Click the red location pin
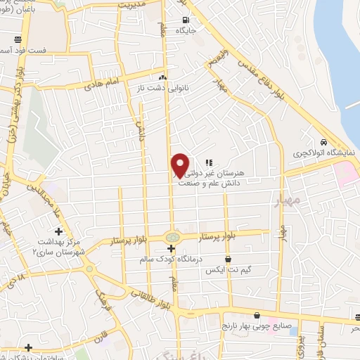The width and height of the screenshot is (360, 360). (180, 164)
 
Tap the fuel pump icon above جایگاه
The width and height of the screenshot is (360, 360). (186, 20)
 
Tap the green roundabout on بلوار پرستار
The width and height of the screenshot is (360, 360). (172, 237)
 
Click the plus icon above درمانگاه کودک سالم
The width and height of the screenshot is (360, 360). (172, 249)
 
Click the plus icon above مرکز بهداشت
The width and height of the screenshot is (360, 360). (58, 231)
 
